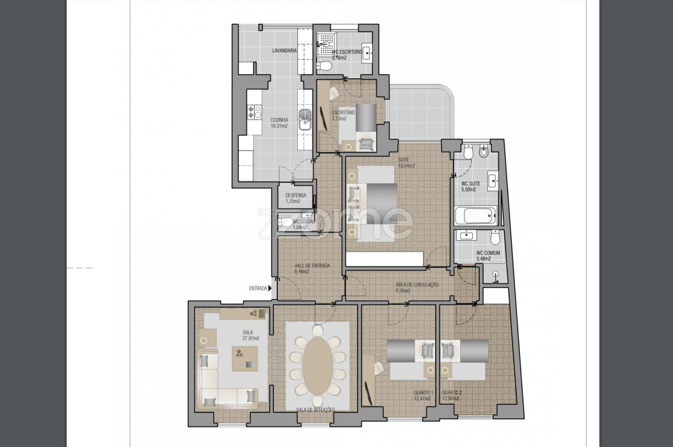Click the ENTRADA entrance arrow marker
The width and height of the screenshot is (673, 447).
click(270, 288)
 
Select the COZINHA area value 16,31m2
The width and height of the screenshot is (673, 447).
click(279, 126)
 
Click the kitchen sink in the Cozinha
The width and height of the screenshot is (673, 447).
click(305, 120)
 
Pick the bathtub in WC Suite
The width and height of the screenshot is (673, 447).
click(475, 215)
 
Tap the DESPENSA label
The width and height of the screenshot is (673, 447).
click(296, 195)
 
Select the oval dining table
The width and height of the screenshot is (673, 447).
click(318, 366)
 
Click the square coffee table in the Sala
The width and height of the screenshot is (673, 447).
click(244, 359)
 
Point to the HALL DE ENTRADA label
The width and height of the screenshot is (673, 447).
click(312, 266)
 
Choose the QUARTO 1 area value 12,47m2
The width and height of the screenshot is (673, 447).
click(422, 399)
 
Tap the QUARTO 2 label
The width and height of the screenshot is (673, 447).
click(452, 393)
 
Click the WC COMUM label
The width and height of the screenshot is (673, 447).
click(488, 253)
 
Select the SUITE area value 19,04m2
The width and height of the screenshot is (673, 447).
click(406, 166)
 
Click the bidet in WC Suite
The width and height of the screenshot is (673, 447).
click(483, 151)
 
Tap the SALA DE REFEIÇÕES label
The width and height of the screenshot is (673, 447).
click(315, 410)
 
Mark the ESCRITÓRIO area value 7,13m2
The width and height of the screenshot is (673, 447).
click(339, 118)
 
